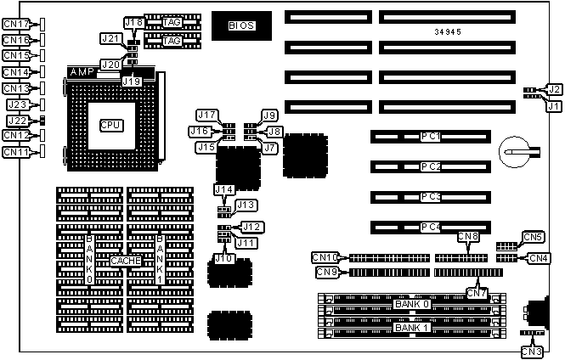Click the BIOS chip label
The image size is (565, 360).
click(x=240, y=26)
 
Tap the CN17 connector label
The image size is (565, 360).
click(x=15, y=25)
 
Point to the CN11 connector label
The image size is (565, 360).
click(x=15, y=152)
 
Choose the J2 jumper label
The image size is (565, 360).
click(x=553, y=89)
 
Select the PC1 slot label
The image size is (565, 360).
click(x=430, y=137)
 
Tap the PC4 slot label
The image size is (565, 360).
click(x=430, y=228)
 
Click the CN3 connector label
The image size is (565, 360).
click(x=531, y=352)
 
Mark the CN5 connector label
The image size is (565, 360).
click(x=533, y=237)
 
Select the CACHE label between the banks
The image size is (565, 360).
click(x=124, y=261)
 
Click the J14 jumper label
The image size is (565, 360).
click(x=223, y=189)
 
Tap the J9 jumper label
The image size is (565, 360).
click(x=269, y=115)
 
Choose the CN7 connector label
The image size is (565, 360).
click(x=477, y=293)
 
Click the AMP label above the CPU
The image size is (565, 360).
click(x=83, y=72)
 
